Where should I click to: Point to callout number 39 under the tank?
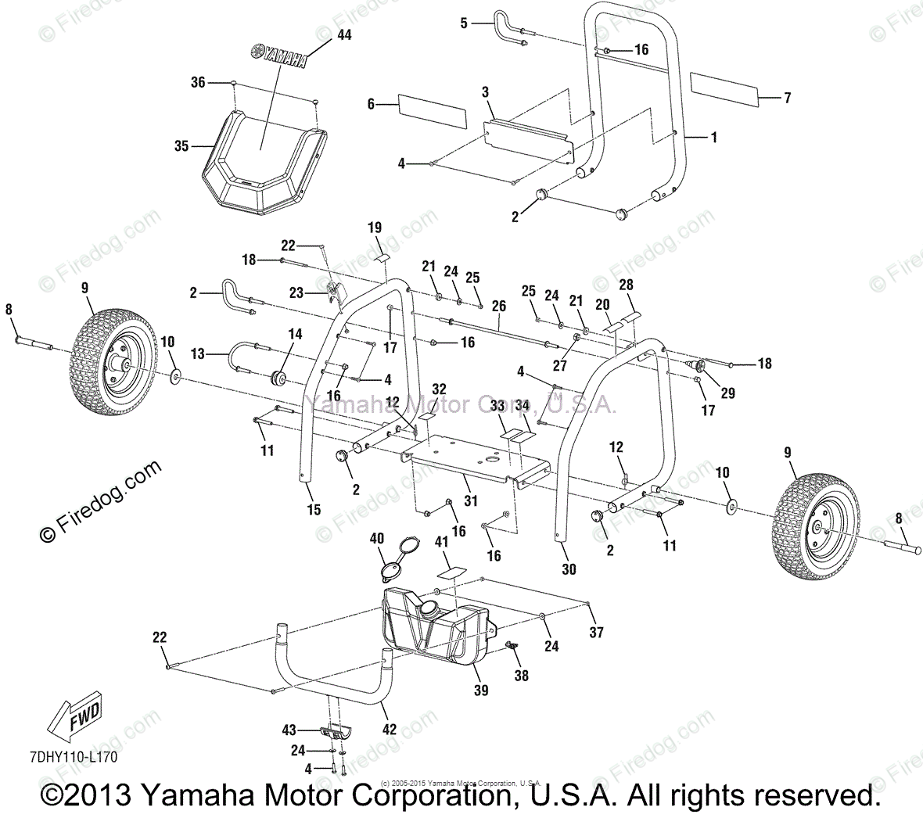(481, 690)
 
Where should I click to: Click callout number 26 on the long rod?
(499, 307)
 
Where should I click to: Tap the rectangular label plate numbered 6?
(432, 112)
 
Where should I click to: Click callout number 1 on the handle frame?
(713, 137)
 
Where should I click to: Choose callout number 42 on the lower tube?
(390, 730)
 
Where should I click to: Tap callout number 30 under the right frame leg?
(569, 569)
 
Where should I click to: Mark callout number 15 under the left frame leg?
(314, 510)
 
